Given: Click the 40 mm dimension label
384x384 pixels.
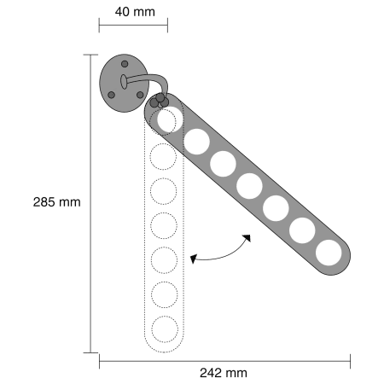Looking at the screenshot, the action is (x=135, y=12).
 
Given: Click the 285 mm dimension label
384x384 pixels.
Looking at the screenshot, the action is (x=57, y=202).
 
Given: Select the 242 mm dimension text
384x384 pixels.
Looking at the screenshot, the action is (x=224, y=373).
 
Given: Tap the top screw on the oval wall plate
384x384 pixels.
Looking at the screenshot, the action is (x=125, y=64).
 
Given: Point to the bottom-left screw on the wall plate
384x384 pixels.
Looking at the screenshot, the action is (x=111, y=95).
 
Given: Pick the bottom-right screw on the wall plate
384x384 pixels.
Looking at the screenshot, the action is (x=140, y=95).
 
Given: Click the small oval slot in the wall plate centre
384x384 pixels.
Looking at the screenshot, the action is (x=124, y=82).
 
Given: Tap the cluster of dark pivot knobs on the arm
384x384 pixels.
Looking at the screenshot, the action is (x=160, y=101).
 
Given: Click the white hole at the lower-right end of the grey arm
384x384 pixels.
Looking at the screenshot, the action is (x=329, y=253).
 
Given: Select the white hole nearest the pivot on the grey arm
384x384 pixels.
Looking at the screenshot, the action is (x=170, y=119).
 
